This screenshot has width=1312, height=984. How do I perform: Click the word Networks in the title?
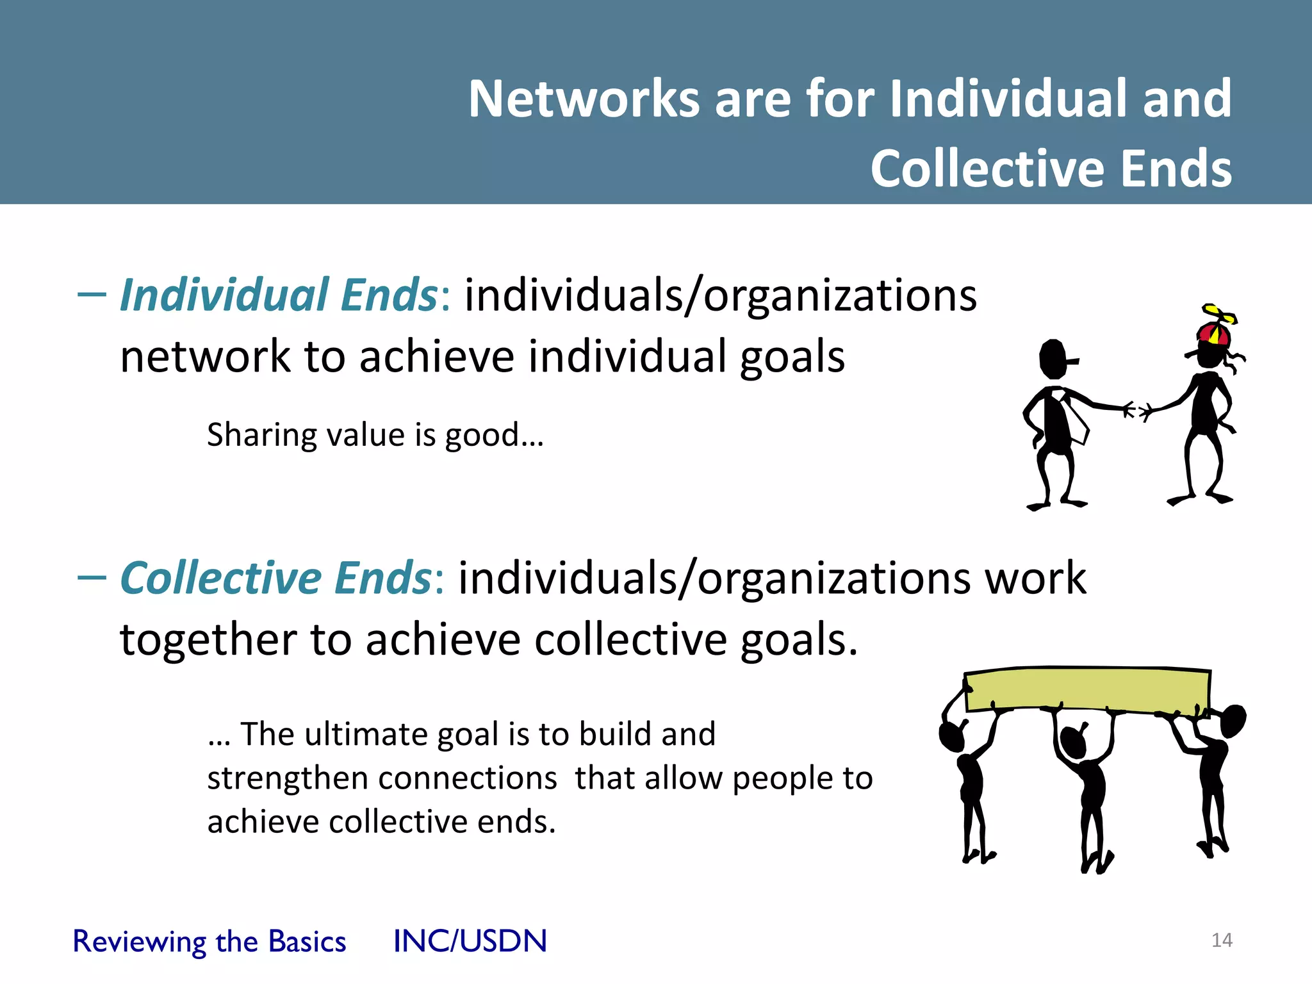click(x=584, y=99)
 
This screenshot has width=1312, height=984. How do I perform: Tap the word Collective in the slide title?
click(x=987, y=168)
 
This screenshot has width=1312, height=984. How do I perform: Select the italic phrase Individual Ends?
click(x=278, y=295)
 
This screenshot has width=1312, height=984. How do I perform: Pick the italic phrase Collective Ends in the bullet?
click(x=275, y=578)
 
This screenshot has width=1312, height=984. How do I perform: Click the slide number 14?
click(x=1222, y=940)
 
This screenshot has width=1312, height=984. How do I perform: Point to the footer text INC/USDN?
click(x=470, y=941)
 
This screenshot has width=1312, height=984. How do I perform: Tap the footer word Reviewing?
click(x=139, y=942)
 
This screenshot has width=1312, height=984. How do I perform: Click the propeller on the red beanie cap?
click(x=1218, y=315)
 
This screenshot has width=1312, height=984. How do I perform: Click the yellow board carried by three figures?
click(x=1086, y=689)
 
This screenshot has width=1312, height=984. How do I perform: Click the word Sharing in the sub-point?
click(x=261, y=436)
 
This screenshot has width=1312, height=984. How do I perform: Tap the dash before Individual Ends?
click(x=91, y=295)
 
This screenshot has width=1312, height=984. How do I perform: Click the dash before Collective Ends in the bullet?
click(x=91, y=578)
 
